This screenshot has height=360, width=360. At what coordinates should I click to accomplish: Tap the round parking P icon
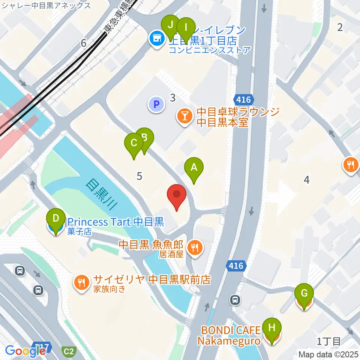click(x=156, y=104)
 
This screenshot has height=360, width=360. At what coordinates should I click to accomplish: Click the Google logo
click(x=25, y=351)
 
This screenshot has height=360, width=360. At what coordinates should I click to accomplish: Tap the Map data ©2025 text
click(x=328, y=354)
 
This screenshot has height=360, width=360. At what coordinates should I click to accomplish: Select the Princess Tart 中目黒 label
click(x=115, y=222)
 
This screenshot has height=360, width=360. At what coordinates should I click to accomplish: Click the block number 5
click(x=139, y=175)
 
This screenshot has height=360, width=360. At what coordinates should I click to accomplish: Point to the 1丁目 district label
click(x=329, y=341)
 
